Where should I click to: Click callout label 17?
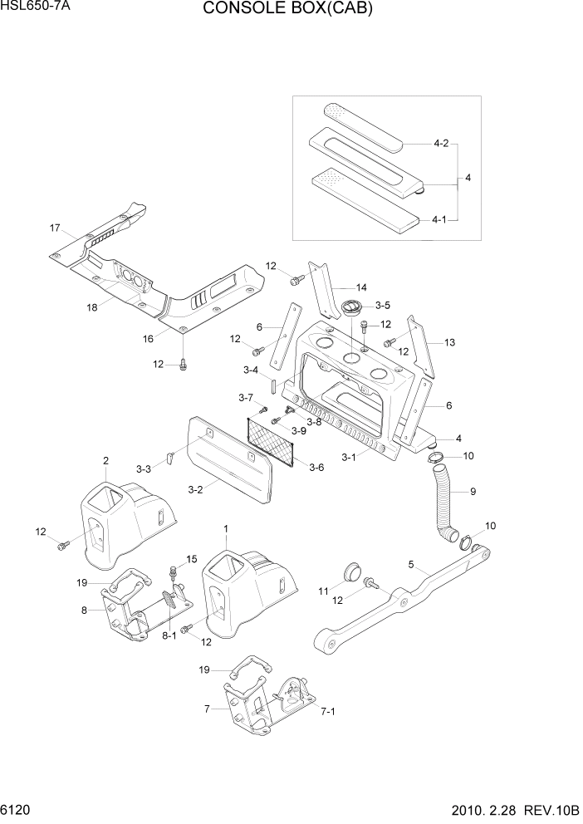point(55,228)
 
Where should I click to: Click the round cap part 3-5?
point(352,307)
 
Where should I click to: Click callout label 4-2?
point(440,144)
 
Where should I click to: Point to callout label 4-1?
point(440,219)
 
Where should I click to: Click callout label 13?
point(449,342)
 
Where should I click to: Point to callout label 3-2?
point(195,489)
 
